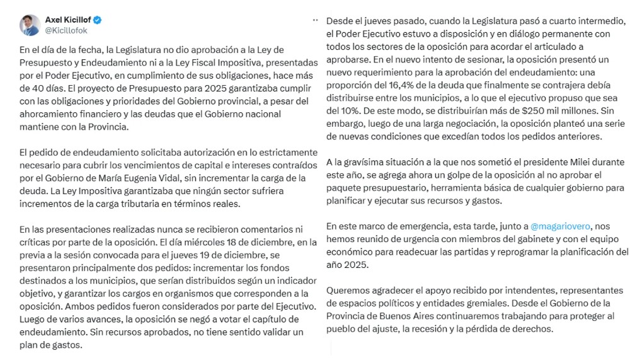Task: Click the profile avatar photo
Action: click(x=29, y=25)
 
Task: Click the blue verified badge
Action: click(x=98, y=20)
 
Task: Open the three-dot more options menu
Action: click(x=315, y=20)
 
